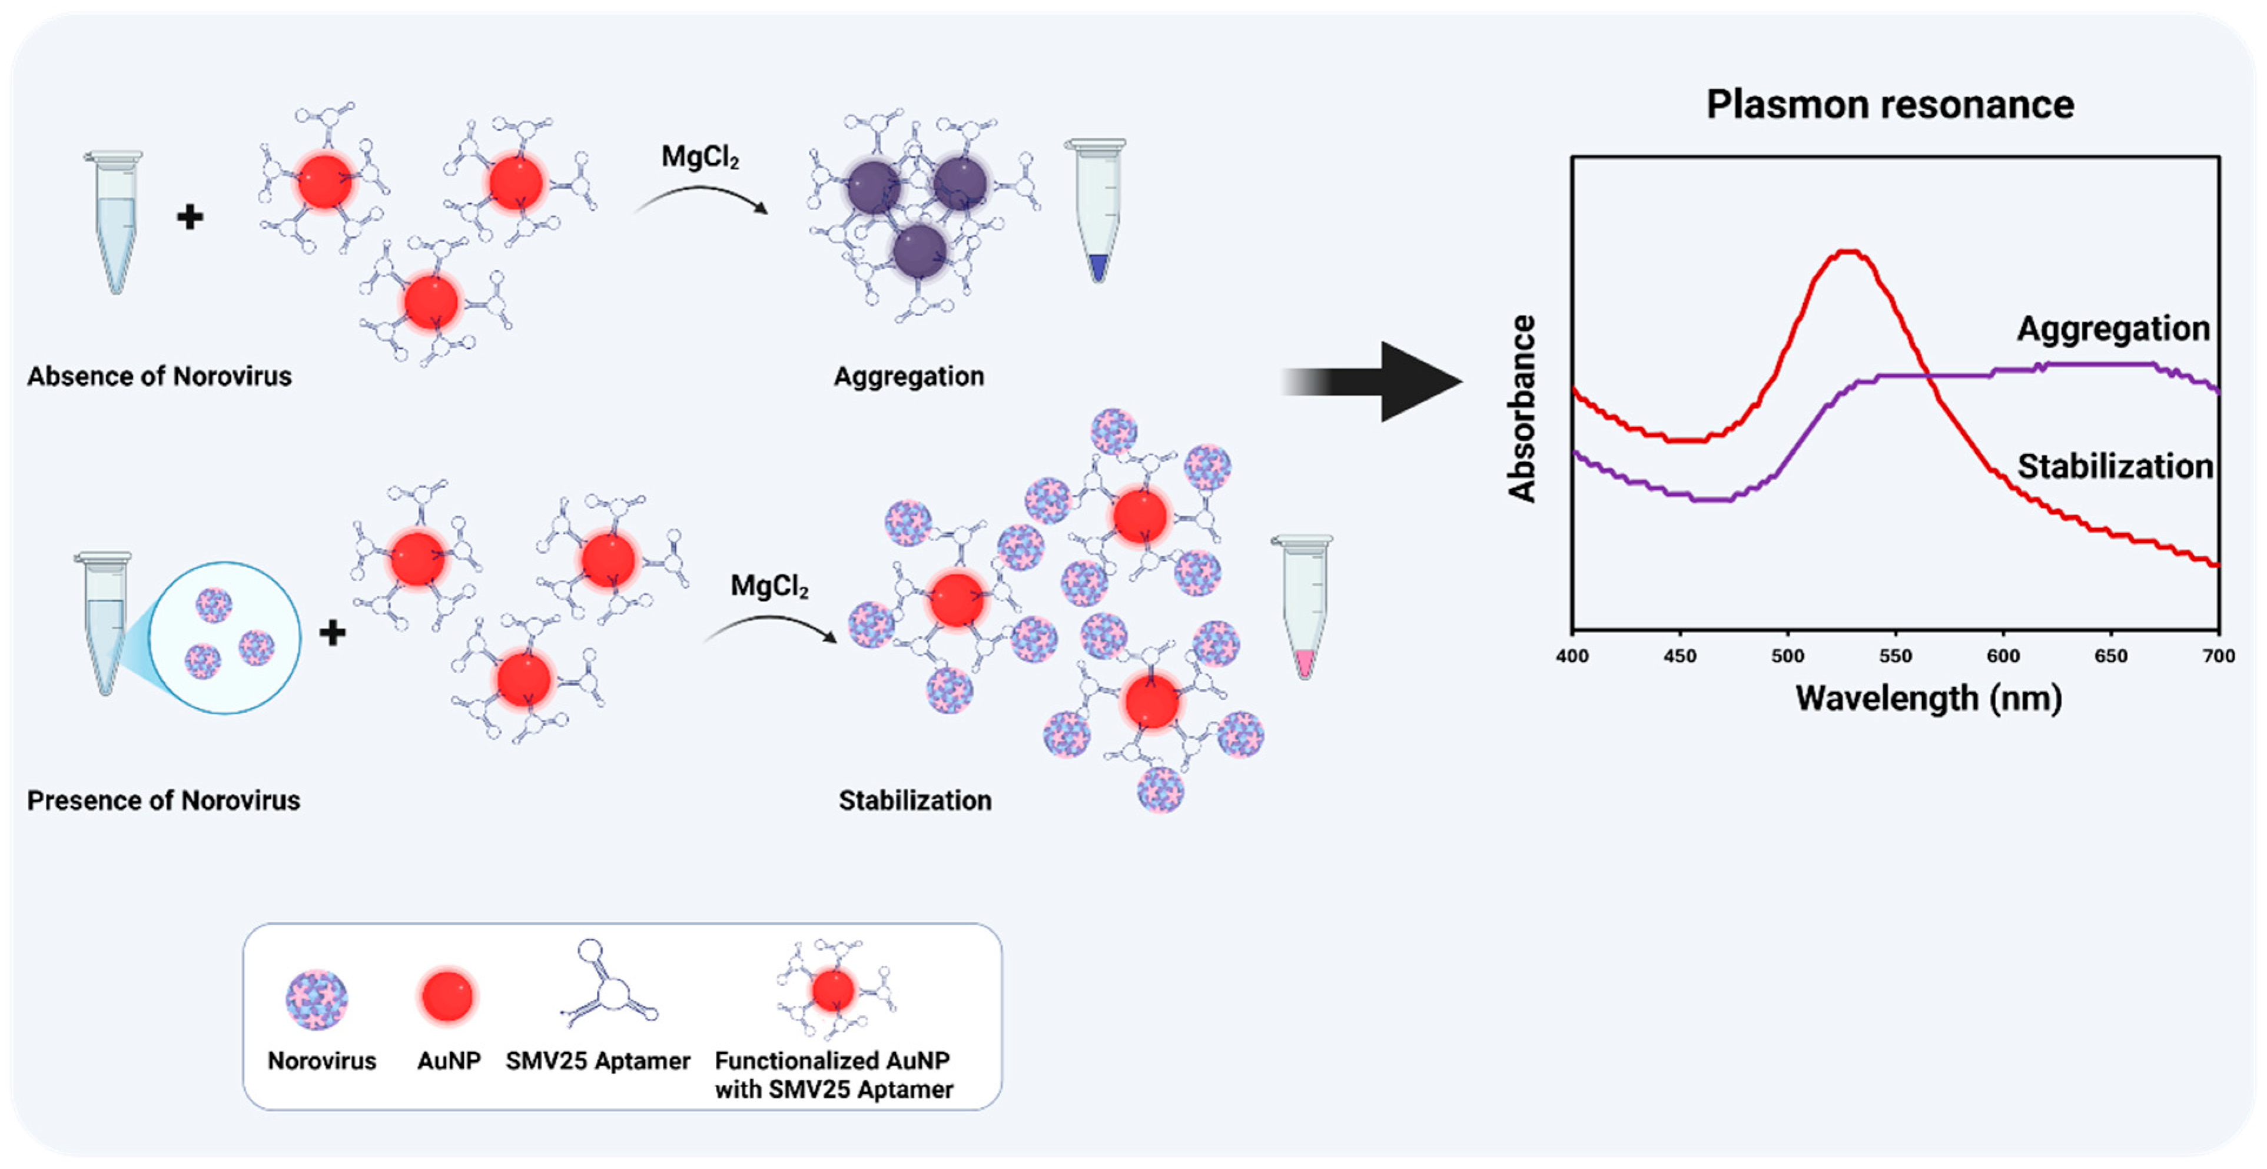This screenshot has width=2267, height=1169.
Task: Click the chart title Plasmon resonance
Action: click(x=1890, y=105)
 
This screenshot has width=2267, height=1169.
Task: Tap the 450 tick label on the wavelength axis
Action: click(x=1679, y=656)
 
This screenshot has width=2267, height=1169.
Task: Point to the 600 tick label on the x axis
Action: click(x=2003, y=656)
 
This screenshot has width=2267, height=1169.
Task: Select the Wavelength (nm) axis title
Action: click(x=1928, y=698)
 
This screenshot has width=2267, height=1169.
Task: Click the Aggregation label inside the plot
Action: click(x=2113, y=328)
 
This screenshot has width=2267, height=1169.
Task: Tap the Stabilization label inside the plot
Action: click(x=2115, y=467)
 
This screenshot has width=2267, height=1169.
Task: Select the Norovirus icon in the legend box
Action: click(x=317, y=1000)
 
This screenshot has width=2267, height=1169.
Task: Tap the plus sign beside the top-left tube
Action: click(x=190, y=217)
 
